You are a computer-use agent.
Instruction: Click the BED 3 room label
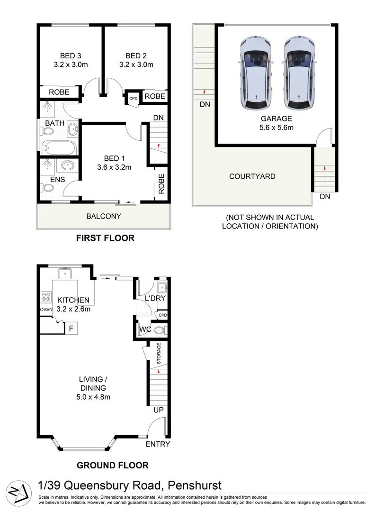pos(68,55)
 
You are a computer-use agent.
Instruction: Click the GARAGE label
pos(275,119)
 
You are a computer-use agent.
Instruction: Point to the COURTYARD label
pos(252,176)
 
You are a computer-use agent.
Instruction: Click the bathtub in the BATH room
pos(58,148)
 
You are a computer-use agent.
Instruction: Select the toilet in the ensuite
pos(47,188)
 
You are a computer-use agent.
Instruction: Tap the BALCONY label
pos(104,216)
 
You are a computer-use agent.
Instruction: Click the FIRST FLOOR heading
pos(105,238)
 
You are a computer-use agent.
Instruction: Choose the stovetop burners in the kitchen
pos(47,297)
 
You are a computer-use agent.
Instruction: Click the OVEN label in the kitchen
pos(46,310)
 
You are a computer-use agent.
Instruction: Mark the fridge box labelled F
pos(71,328)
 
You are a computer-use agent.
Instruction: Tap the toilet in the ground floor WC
pos(159,329)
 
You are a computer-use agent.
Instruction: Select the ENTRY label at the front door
pos(157,444)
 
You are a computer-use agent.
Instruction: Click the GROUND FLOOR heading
pos(113,465)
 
